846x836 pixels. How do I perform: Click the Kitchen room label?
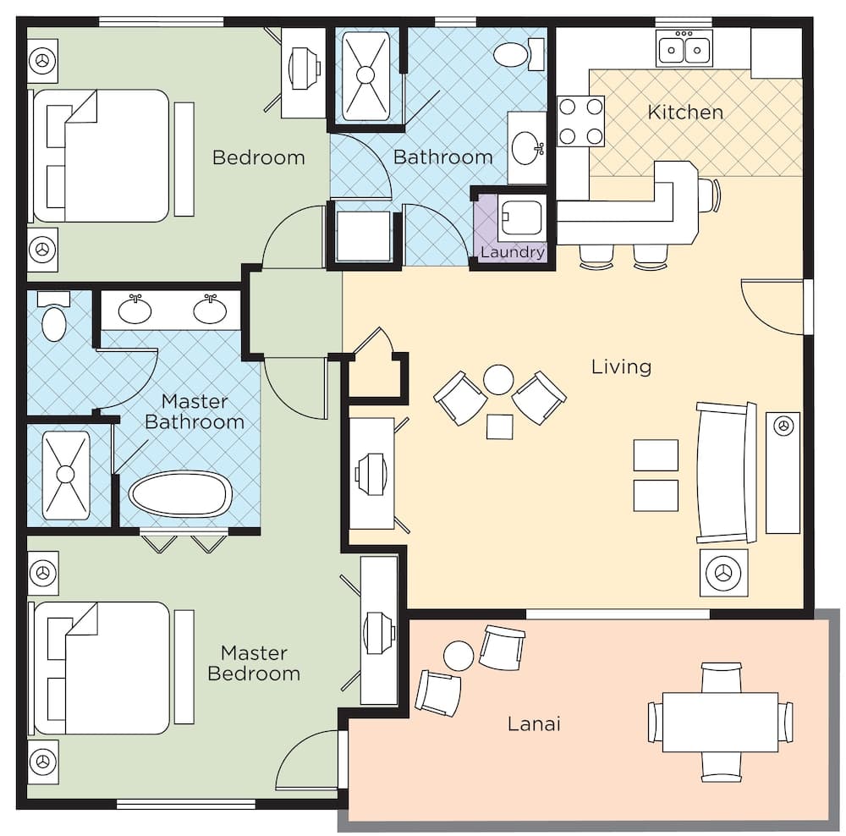coord(685,113)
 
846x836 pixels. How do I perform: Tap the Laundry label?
coord(513,252)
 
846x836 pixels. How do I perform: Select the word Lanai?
coord(534,723)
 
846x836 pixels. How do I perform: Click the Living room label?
coord(621,366)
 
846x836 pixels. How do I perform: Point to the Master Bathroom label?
coord(195,410)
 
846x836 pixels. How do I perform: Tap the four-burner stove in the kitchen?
coord(580,121)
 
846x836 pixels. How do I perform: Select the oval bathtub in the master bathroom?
coord(180,494)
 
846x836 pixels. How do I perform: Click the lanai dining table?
coord(720,722)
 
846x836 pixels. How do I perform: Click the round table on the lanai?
coord(459,656)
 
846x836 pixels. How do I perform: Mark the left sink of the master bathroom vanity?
coord(135,311)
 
